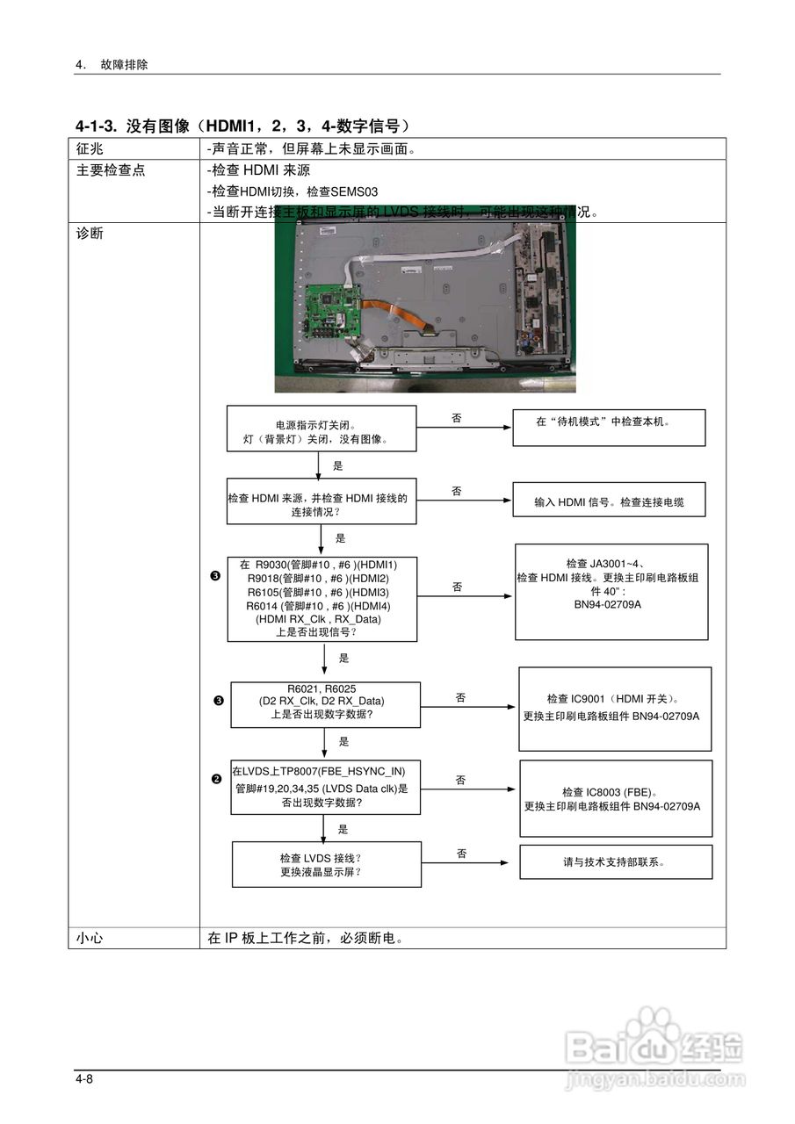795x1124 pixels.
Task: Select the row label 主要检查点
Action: click(111, 170)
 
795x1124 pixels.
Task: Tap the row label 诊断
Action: click(90, 234)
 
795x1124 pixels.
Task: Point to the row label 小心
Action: click(90, 938)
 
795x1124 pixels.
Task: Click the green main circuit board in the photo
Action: click(331, 314)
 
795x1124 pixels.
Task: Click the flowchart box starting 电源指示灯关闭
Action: click(321, 429)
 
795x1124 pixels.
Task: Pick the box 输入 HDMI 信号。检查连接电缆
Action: click(609, 502)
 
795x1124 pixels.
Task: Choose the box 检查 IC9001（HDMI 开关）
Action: click(614, 708)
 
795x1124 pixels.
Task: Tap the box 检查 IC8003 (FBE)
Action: click(616, 797)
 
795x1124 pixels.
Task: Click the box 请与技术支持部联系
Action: click(616, 861)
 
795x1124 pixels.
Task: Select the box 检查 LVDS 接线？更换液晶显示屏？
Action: click(326, 864)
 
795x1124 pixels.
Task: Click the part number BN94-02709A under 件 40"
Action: click(608, 604)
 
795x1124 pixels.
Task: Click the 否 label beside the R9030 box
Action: click(457, 587)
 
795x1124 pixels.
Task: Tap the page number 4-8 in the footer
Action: click(84, 1078)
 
